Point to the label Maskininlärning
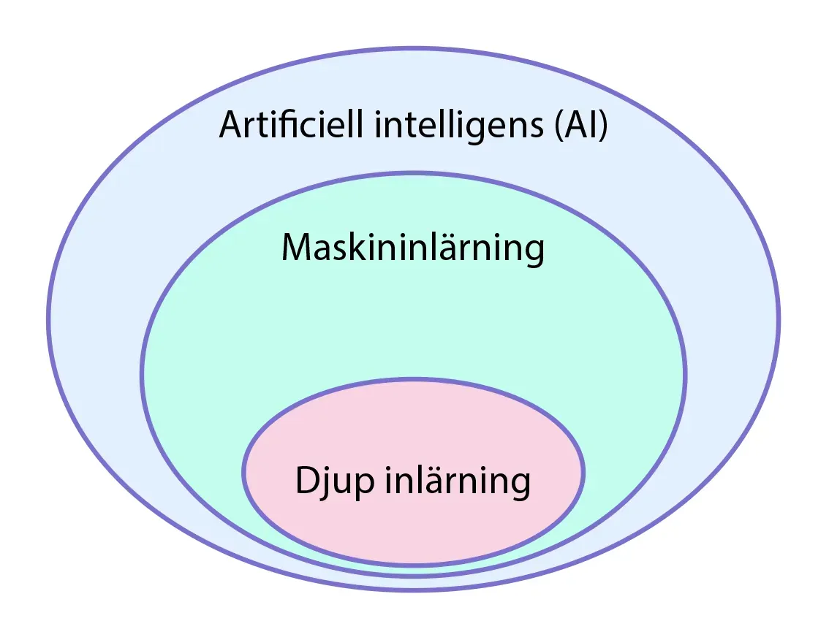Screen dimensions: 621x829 tap(413, 248)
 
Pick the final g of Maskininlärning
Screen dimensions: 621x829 tap(534, 253)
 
